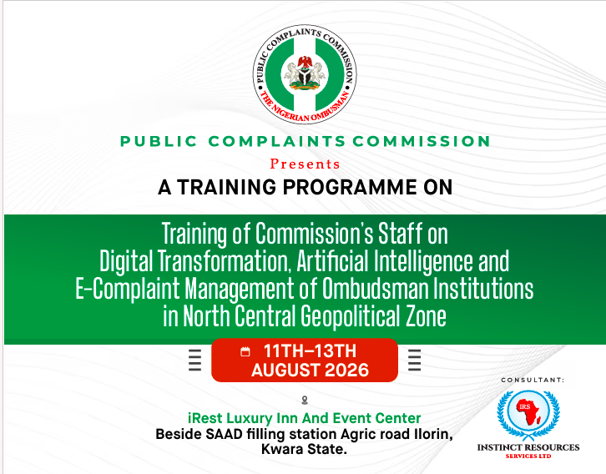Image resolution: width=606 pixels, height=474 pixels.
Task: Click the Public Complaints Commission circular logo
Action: click(x=305, y=74)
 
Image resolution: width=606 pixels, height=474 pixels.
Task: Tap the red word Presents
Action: click(x=305, y=164)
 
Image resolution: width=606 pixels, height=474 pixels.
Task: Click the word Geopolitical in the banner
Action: click(x=350, y=316)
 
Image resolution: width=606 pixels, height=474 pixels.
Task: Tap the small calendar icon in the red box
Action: click(x=245, y=351)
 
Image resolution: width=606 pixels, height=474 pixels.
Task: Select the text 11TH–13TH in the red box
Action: click(x=310, y=351)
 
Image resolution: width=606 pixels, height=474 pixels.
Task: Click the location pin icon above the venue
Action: click(x=305, y=401)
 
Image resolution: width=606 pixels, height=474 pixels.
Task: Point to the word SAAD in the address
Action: click(x=224, y=434)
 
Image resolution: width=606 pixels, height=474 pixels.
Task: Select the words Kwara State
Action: click(x=304, y=450)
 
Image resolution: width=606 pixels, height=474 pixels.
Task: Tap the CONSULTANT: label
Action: click(x=533, y=381)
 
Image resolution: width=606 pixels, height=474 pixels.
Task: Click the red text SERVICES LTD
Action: click(x=528, y=456)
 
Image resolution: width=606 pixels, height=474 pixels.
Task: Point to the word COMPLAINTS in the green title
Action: click(x=277, y=141)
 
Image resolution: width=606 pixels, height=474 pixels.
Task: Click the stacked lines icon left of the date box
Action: click(x=194, y=360)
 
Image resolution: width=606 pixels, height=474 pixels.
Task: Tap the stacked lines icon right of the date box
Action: click(x=414, y=360)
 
